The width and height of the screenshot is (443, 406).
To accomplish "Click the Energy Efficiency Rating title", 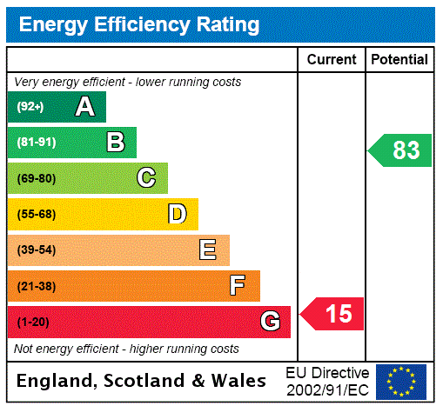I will (138, 25).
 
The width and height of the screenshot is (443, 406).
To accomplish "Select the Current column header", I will (332, 60).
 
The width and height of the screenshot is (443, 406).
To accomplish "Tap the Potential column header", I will (399, 60).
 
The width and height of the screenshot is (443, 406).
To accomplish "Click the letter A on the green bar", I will (84, 107).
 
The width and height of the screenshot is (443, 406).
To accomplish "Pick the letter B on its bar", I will (115, 143).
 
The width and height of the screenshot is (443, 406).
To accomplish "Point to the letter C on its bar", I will (146, 178).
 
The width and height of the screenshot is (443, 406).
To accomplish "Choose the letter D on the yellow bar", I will (177, 214).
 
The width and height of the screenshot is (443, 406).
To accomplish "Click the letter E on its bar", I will (208, 250).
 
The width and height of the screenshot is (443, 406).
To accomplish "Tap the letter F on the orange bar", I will (238, 286).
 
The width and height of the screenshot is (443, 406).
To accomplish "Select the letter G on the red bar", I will (269, 322).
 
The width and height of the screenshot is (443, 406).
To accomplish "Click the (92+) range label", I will (30, 107).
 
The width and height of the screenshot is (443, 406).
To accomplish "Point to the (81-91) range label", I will (36, 143).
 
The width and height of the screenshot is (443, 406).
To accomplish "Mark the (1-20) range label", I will (33, 323).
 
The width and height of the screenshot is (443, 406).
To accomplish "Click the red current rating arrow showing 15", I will (332, 313).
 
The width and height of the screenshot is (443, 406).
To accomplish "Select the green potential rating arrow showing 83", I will (400, 150).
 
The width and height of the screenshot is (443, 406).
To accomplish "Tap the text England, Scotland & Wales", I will (142, 381).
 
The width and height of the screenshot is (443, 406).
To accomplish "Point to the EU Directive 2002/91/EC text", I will (327, 381).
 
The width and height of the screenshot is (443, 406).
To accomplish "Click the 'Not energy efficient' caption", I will (126, 349).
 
